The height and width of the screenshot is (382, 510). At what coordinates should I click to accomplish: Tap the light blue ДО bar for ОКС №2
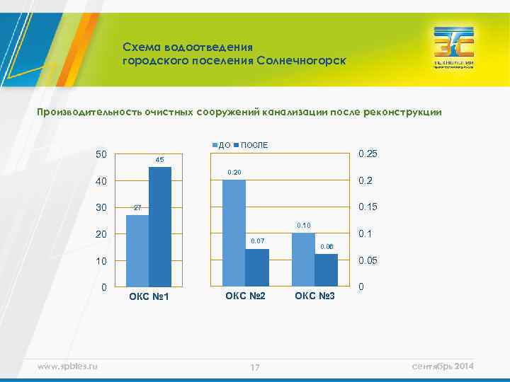pos(234,233)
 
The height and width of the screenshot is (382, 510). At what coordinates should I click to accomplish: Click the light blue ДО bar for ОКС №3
pos(303,260)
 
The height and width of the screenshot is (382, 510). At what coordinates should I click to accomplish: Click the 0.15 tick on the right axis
pos(368,207)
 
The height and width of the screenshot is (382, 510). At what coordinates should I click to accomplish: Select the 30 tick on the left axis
pos(101,208)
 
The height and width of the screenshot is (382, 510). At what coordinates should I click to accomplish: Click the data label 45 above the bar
pos(159,161)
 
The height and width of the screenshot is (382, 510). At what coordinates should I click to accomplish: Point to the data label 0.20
pos(234,173)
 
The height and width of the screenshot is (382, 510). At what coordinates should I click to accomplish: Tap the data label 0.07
pos(257,242)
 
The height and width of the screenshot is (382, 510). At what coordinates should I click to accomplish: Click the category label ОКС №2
pos(245,294)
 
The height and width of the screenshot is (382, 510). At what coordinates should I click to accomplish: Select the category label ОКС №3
pos(314,294)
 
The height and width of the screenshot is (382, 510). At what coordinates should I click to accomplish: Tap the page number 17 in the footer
pos(255,366)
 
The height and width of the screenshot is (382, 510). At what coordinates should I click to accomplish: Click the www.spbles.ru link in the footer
pos(68,365)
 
